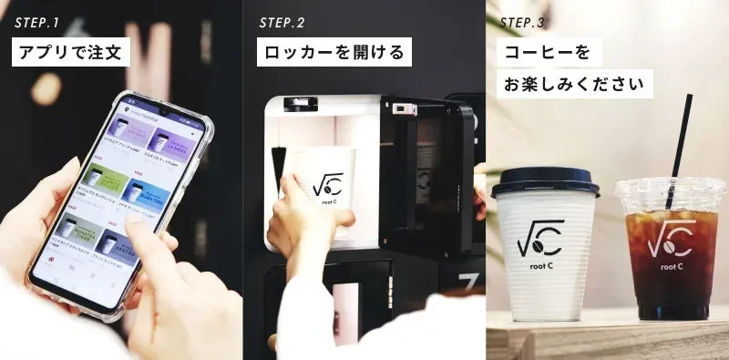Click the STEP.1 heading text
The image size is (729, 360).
(x=39, y=22)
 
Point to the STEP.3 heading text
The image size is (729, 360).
(x=527, y=22)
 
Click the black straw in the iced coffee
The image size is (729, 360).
(x=678, y=137)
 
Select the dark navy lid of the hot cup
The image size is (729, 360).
(x=545, y=181)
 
